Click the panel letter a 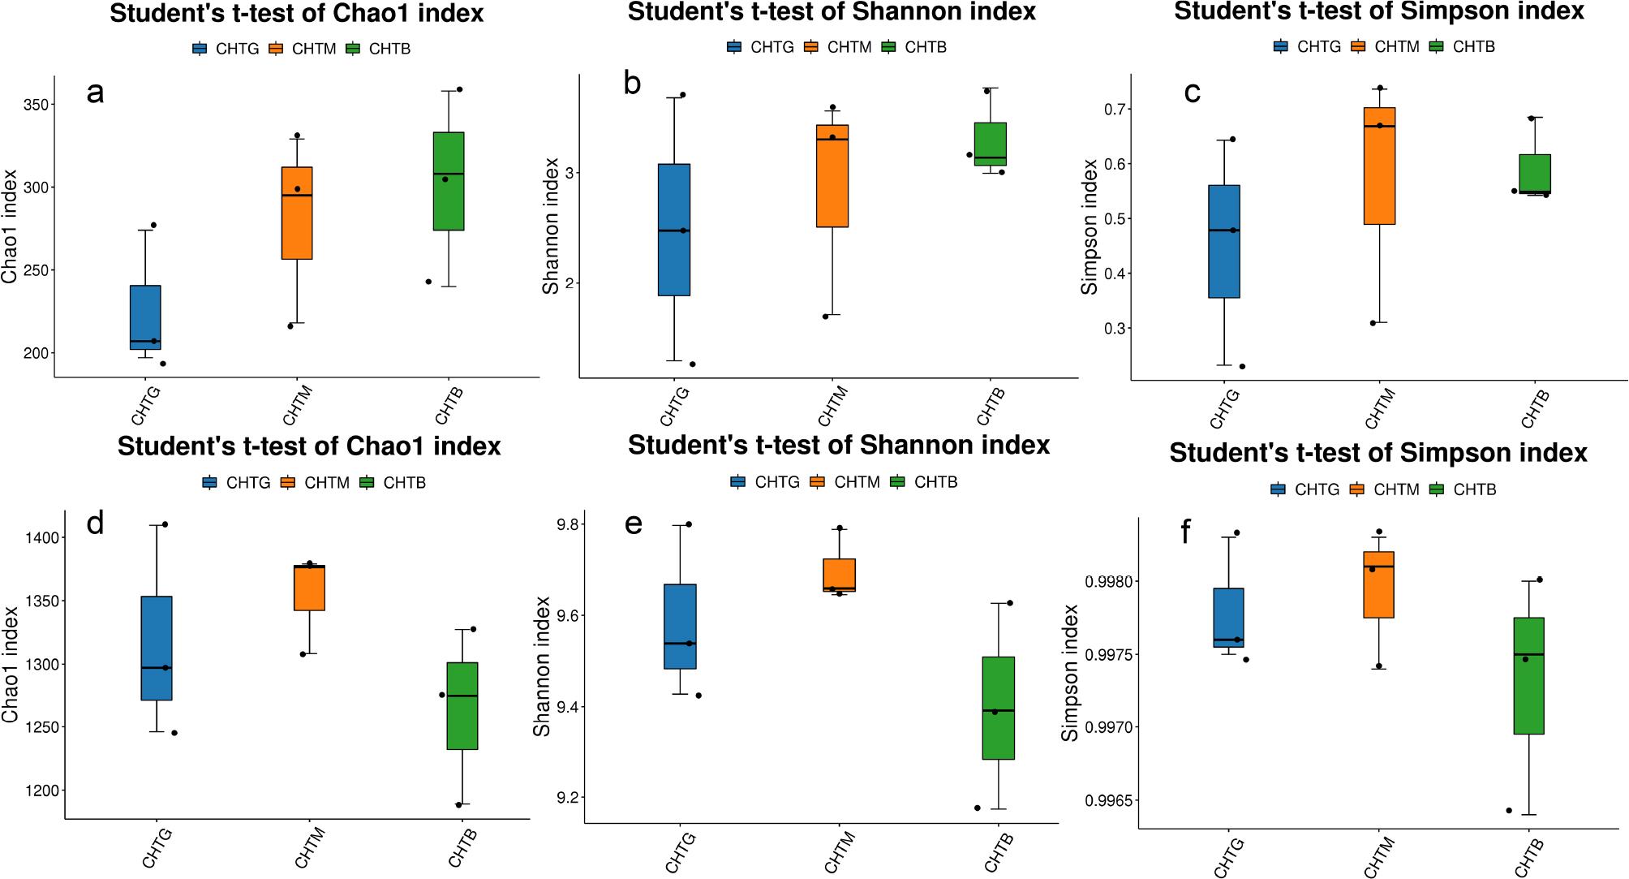pyautogui.click(x=95, y=93)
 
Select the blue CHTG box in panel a pyautogui.click(x=145, y=317)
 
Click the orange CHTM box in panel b pyautogui.click(x=832, y=176)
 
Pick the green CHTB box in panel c pyautogui.click(x=1535, y=174)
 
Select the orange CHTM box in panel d pyautogui.click(x=309, y=588)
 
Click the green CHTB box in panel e pyautogui.click(x=999, y=708)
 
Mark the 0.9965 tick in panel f pyautogui.click(x=1107, y=801)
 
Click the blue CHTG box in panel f pyautogui.click(x=1228, y=618)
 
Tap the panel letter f pyautogui.click(x=1186, y=532)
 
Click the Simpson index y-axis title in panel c pyautogui.click(x=1090, y=226)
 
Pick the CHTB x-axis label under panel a pyautogui.click(x=449, y=405)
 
